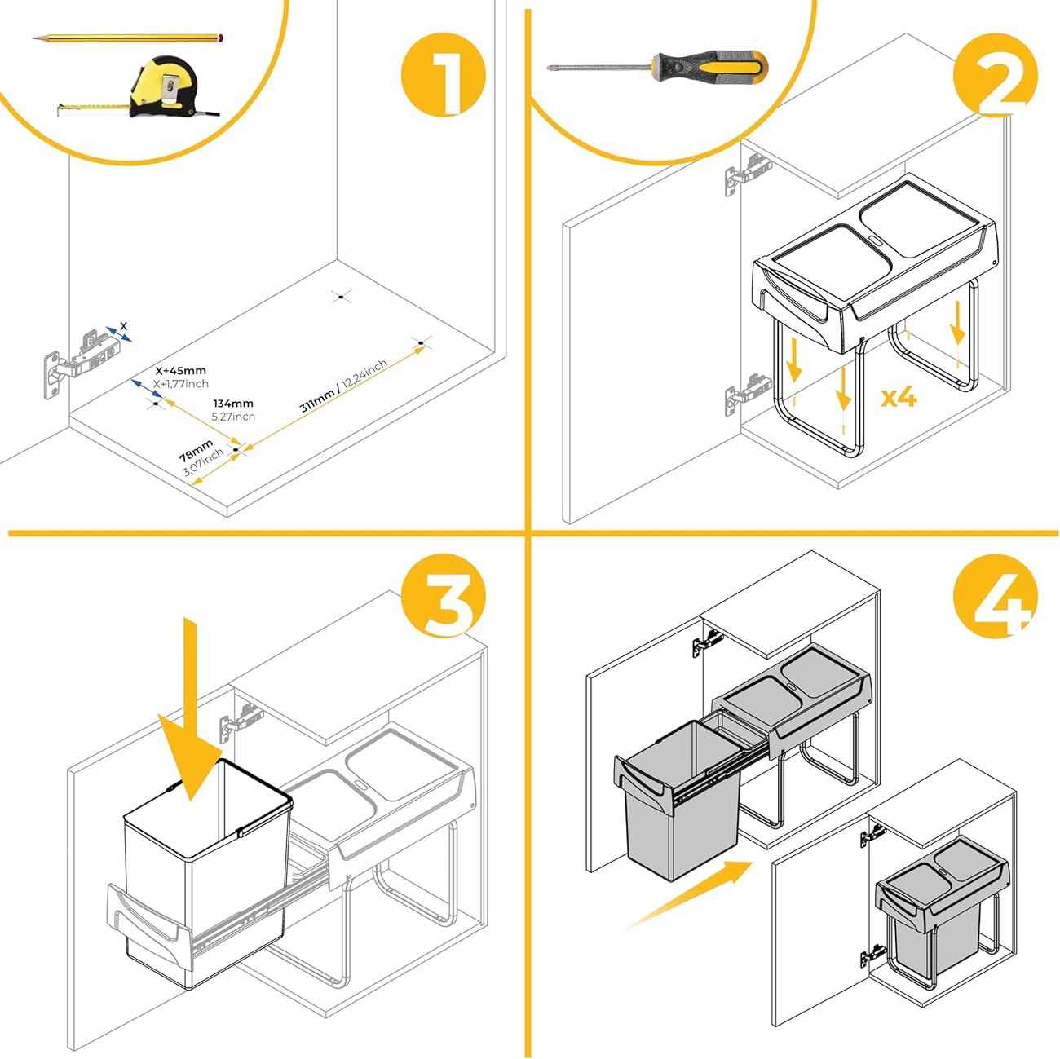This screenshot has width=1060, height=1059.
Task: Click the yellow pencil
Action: (x=128, y=38)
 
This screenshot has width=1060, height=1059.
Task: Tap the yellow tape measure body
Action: (x=164, y=86)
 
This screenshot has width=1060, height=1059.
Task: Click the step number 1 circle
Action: (x=444, y=74)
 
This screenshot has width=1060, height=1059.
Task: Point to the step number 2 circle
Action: (x=995, y=74)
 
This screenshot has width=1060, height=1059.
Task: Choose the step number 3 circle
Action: (x=444, y=596)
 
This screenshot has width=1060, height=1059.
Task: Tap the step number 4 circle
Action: (x=995, y=596)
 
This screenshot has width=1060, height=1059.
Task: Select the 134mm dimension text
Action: (x=233, y=404)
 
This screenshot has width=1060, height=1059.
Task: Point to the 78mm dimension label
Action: (x=197, y=449)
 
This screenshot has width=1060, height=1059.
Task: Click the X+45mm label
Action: (x=180, y=371)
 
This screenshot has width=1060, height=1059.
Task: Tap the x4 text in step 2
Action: (x=899, y=397)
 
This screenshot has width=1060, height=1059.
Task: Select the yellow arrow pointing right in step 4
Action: (x=689, y=895)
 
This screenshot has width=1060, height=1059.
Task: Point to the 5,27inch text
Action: (x=233, y=417)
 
